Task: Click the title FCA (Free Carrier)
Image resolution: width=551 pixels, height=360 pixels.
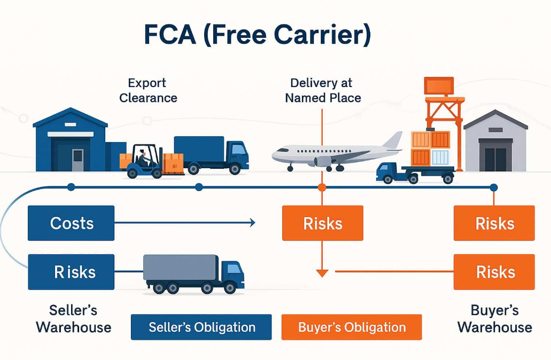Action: (257, 35)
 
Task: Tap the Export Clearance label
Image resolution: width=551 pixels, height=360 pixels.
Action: (148, 90)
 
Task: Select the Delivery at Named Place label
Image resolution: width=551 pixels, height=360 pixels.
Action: (323, 90)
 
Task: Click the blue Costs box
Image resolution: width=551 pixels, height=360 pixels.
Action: (71, 223)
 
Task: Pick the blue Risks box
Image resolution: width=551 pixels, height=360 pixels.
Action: (71, 272)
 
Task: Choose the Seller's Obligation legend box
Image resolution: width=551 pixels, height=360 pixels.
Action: (201, 327)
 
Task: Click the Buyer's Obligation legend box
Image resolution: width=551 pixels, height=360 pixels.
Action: (352, 327)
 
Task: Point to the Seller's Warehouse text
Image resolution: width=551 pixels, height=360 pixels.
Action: (74, 318)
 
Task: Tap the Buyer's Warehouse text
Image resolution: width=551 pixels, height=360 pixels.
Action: (494, 318)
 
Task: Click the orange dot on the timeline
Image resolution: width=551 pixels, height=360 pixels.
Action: (322, 187)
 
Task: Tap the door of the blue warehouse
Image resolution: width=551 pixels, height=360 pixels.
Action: (77, 160)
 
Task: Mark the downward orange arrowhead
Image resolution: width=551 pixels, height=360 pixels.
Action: (322, 273)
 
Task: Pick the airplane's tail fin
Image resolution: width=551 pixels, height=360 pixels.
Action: (393, 140)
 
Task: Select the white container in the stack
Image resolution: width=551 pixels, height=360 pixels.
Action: (440, 157)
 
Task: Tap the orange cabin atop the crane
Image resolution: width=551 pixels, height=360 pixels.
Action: (439, 86)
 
